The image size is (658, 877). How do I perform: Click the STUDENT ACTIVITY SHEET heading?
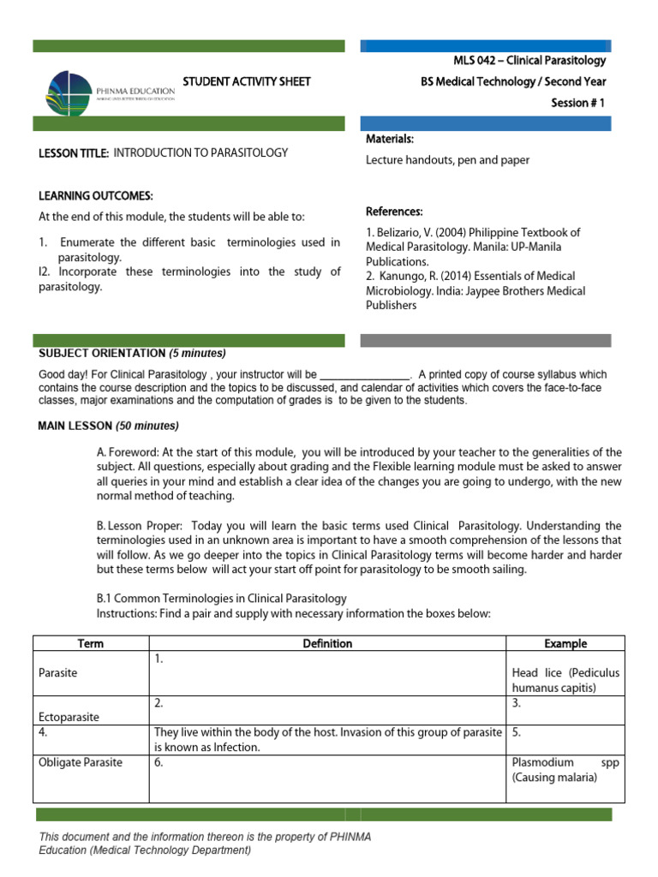coord(247,82)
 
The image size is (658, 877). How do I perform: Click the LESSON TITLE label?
coord(74,154)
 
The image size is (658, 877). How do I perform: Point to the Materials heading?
coord(390,139)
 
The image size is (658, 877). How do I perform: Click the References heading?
coord(394,212)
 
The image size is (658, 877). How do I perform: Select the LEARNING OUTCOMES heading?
coord(96,196)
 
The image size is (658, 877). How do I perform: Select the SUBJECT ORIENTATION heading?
coord(101,354)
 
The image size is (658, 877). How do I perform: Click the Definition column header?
coord(327,644)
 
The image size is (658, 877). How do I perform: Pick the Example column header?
coord(565,644)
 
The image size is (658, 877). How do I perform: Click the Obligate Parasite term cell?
coord(81,762)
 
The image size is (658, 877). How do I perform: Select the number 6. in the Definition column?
coord(159,762)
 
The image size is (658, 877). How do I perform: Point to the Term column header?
coord(90,644)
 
